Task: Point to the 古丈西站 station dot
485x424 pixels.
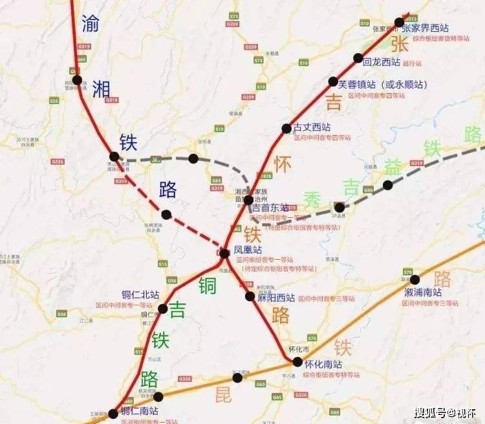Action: (x=286, y=128)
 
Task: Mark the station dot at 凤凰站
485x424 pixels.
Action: (x=224, y=253)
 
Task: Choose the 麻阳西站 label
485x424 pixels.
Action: (x=277, y=298)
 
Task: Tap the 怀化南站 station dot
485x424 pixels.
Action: (x=297, y=362)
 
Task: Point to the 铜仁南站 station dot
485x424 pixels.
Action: (x=114, y=413)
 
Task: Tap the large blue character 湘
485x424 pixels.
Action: (x=102, y=89)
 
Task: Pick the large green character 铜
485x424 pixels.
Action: (x=208, y=285)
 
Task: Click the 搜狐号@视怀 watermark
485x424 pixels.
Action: (x=445, y=412)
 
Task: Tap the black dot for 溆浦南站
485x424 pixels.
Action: (x=415, y=280)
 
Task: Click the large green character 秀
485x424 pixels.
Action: (x=313, y=197)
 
